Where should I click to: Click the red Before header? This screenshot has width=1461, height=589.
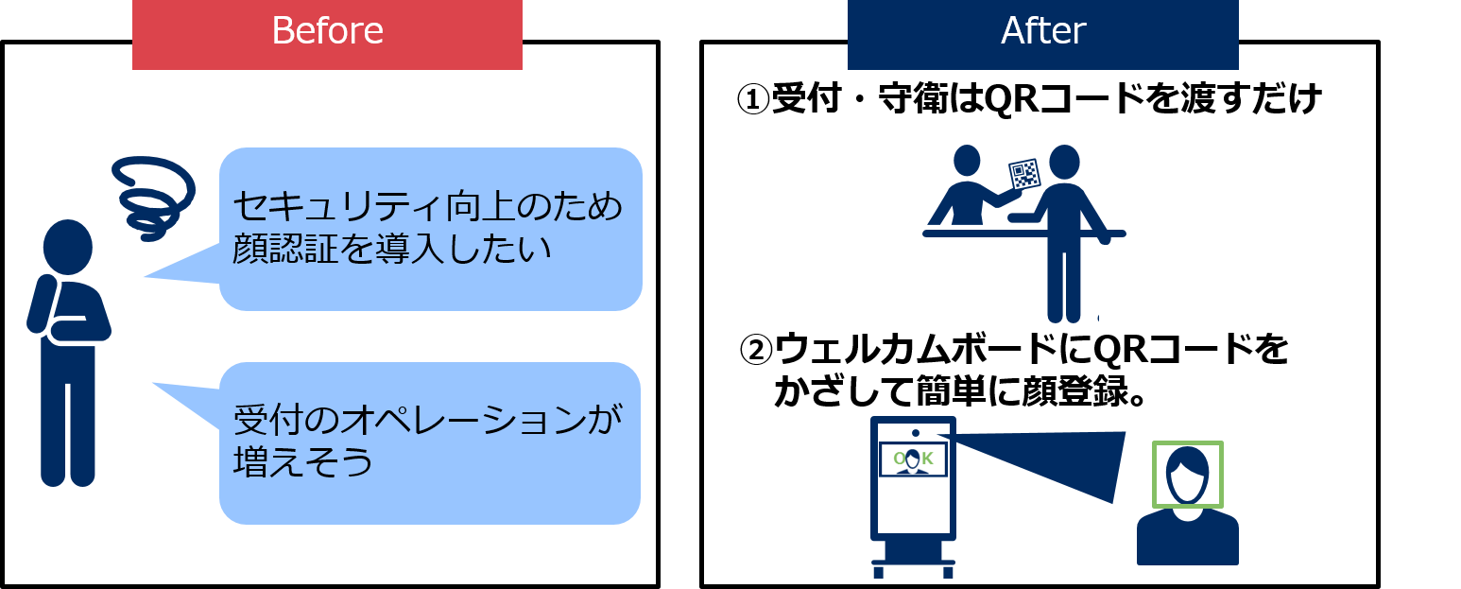[x=327, y=34]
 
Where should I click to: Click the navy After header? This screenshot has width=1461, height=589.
[x=1042, y=34]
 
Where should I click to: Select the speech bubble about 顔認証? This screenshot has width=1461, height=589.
[x=430, y=229]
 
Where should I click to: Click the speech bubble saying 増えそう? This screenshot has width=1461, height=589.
[x=430, y=442]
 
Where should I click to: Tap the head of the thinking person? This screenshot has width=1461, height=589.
[x=68, y=246]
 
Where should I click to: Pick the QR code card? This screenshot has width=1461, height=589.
[x=1024, y=174]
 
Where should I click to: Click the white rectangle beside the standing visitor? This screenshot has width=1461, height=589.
[x=1132, y=286]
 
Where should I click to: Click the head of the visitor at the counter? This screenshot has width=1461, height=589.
[x=1064, y=163]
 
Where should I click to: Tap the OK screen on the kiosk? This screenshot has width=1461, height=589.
[x=912, y=460]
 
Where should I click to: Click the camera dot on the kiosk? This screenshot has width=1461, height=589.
[x=913, y=433]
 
